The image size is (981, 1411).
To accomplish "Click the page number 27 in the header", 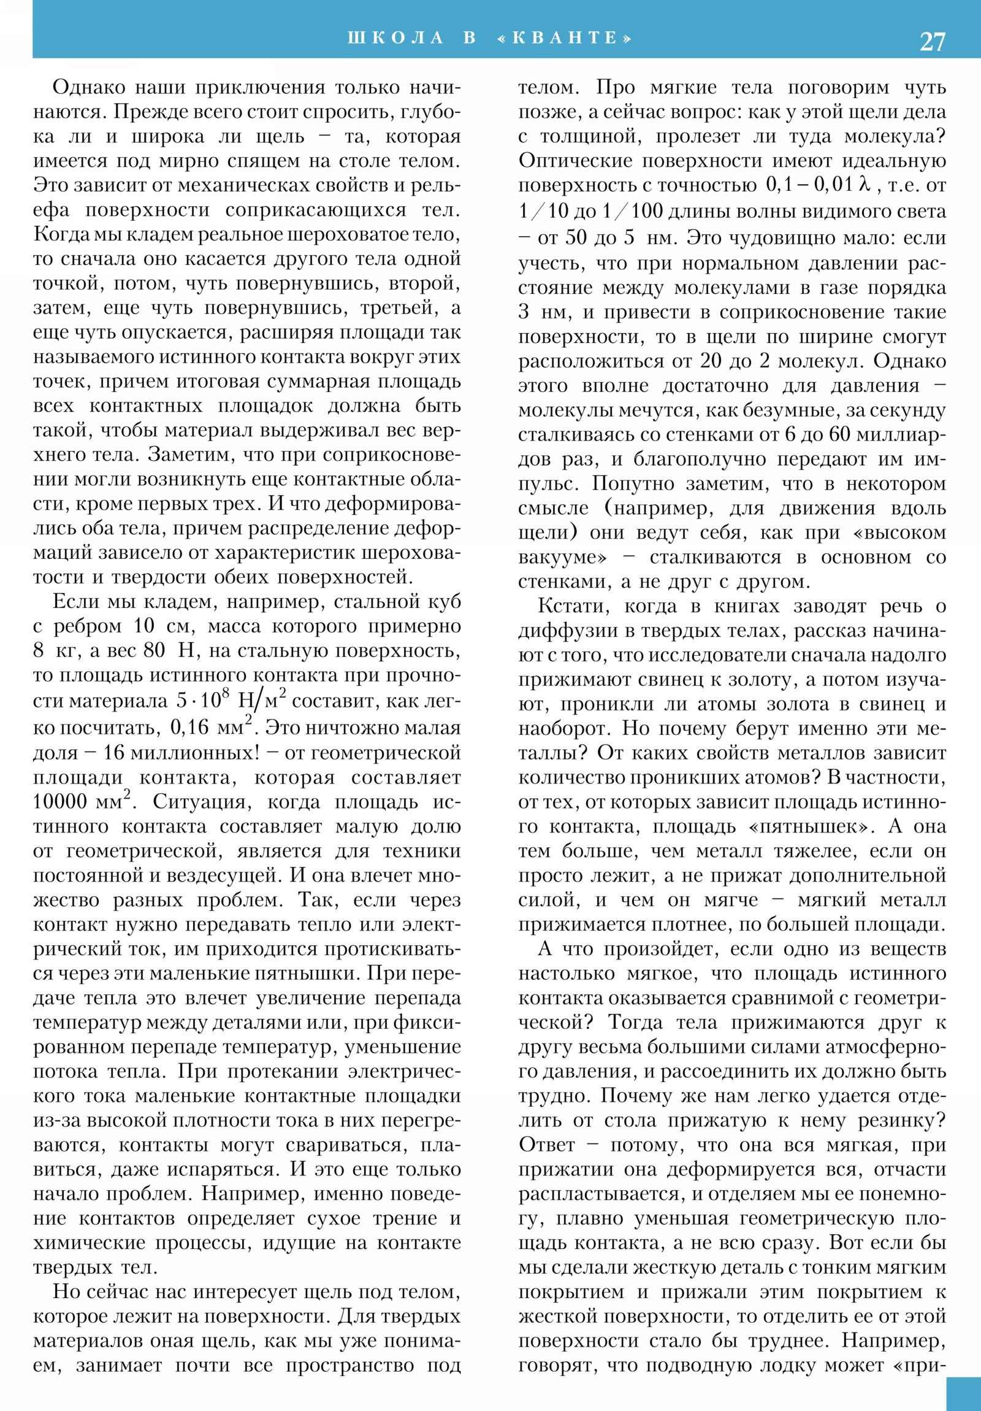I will [932, 41].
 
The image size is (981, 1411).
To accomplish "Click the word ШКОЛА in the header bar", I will [395, 38].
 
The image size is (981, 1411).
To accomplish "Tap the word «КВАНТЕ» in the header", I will [565, 38].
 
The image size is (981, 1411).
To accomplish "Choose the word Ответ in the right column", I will [547, 1145].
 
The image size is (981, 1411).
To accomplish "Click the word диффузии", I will [565, 631].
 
